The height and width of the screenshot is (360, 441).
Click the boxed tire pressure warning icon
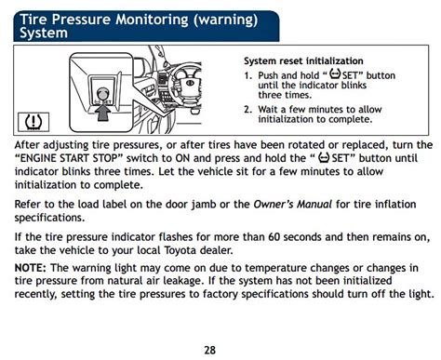coord(33,120)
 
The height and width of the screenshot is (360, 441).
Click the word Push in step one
coord(270,74)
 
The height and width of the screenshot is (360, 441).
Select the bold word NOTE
coord(31,267)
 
